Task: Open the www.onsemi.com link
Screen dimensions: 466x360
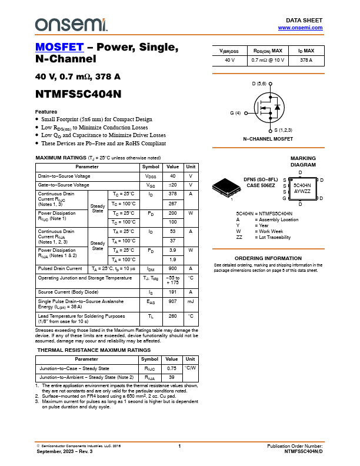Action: [300, 28]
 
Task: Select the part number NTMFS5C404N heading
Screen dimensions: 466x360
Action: [78, 94]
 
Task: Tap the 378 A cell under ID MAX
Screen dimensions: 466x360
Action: [306, 60]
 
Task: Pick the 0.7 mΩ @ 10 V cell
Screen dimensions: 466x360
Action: [268, 60]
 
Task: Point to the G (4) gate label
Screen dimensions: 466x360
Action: [235, 113]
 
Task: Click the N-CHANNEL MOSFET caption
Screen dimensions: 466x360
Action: [268, 139]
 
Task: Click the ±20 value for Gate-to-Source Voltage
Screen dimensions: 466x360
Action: [172, 185]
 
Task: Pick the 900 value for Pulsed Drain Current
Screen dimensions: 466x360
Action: [172, 268]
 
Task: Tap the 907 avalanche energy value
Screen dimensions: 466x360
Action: [172, 301]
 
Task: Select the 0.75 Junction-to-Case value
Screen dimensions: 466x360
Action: [172, 368]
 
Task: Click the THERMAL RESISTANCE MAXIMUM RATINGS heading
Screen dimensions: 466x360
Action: [94, 350]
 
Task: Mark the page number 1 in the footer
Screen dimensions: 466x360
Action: [179, 447]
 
